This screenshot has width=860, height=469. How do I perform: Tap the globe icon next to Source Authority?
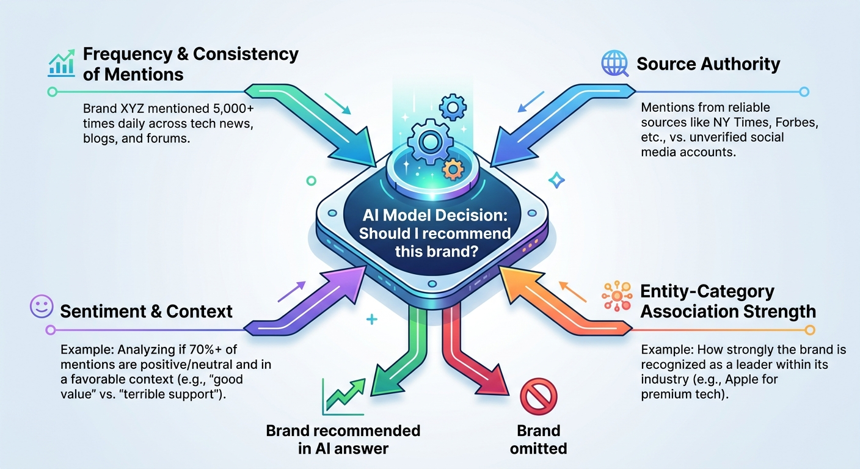click(x=613, y=64)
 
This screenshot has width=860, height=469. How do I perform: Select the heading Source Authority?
click(x=708, y=64)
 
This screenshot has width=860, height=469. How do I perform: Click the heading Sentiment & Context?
click(x=146, y=311)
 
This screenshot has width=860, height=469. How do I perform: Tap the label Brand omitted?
click(x=538, y=440)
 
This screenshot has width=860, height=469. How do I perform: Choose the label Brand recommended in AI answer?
click(x=343, y=440)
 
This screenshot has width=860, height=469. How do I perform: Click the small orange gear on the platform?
click(x=453, y=169)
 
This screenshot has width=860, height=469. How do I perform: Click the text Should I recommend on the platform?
click(x=434, y=233)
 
